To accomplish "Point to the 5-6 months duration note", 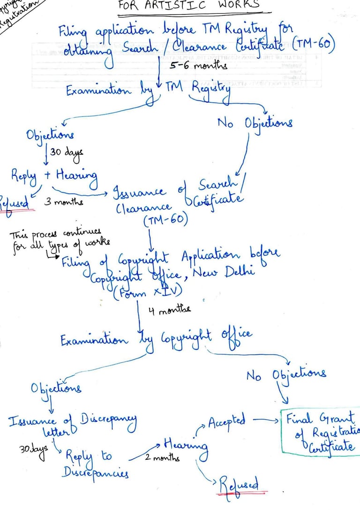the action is (198, 66).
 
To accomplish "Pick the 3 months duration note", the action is (65, 202).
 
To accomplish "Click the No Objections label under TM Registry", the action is (255, 123).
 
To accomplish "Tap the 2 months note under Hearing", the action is (162, 458).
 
